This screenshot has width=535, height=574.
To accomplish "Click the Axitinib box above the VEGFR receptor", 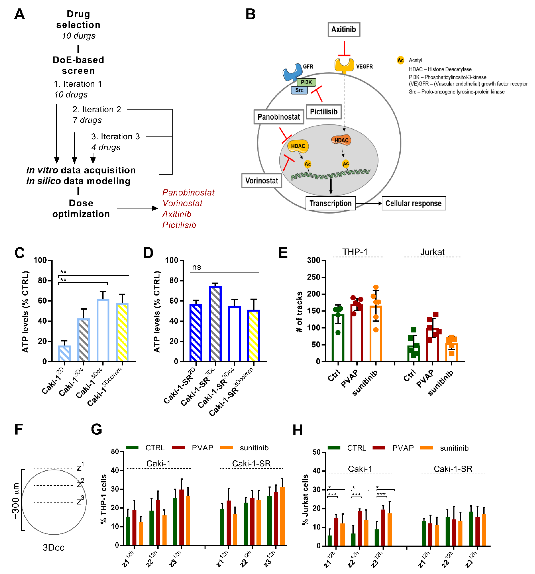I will point(343,29).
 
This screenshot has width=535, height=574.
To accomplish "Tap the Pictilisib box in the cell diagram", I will point(323,112).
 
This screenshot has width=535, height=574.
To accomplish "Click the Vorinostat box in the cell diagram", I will point(261,181).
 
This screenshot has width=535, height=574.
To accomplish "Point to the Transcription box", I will point(330,204).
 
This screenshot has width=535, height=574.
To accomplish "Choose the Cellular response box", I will point(413,204).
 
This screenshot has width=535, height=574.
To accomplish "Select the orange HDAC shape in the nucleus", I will point(341,140).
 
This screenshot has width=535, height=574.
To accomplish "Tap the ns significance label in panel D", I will point(197,267).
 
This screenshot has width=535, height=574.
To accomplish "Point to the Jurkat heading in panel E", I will point(432,252).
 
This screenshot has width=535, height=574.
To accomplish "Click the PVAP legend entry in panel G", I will point(202,448).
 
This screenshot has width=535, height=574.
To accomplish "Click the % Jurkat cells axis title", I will point(305,499).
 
